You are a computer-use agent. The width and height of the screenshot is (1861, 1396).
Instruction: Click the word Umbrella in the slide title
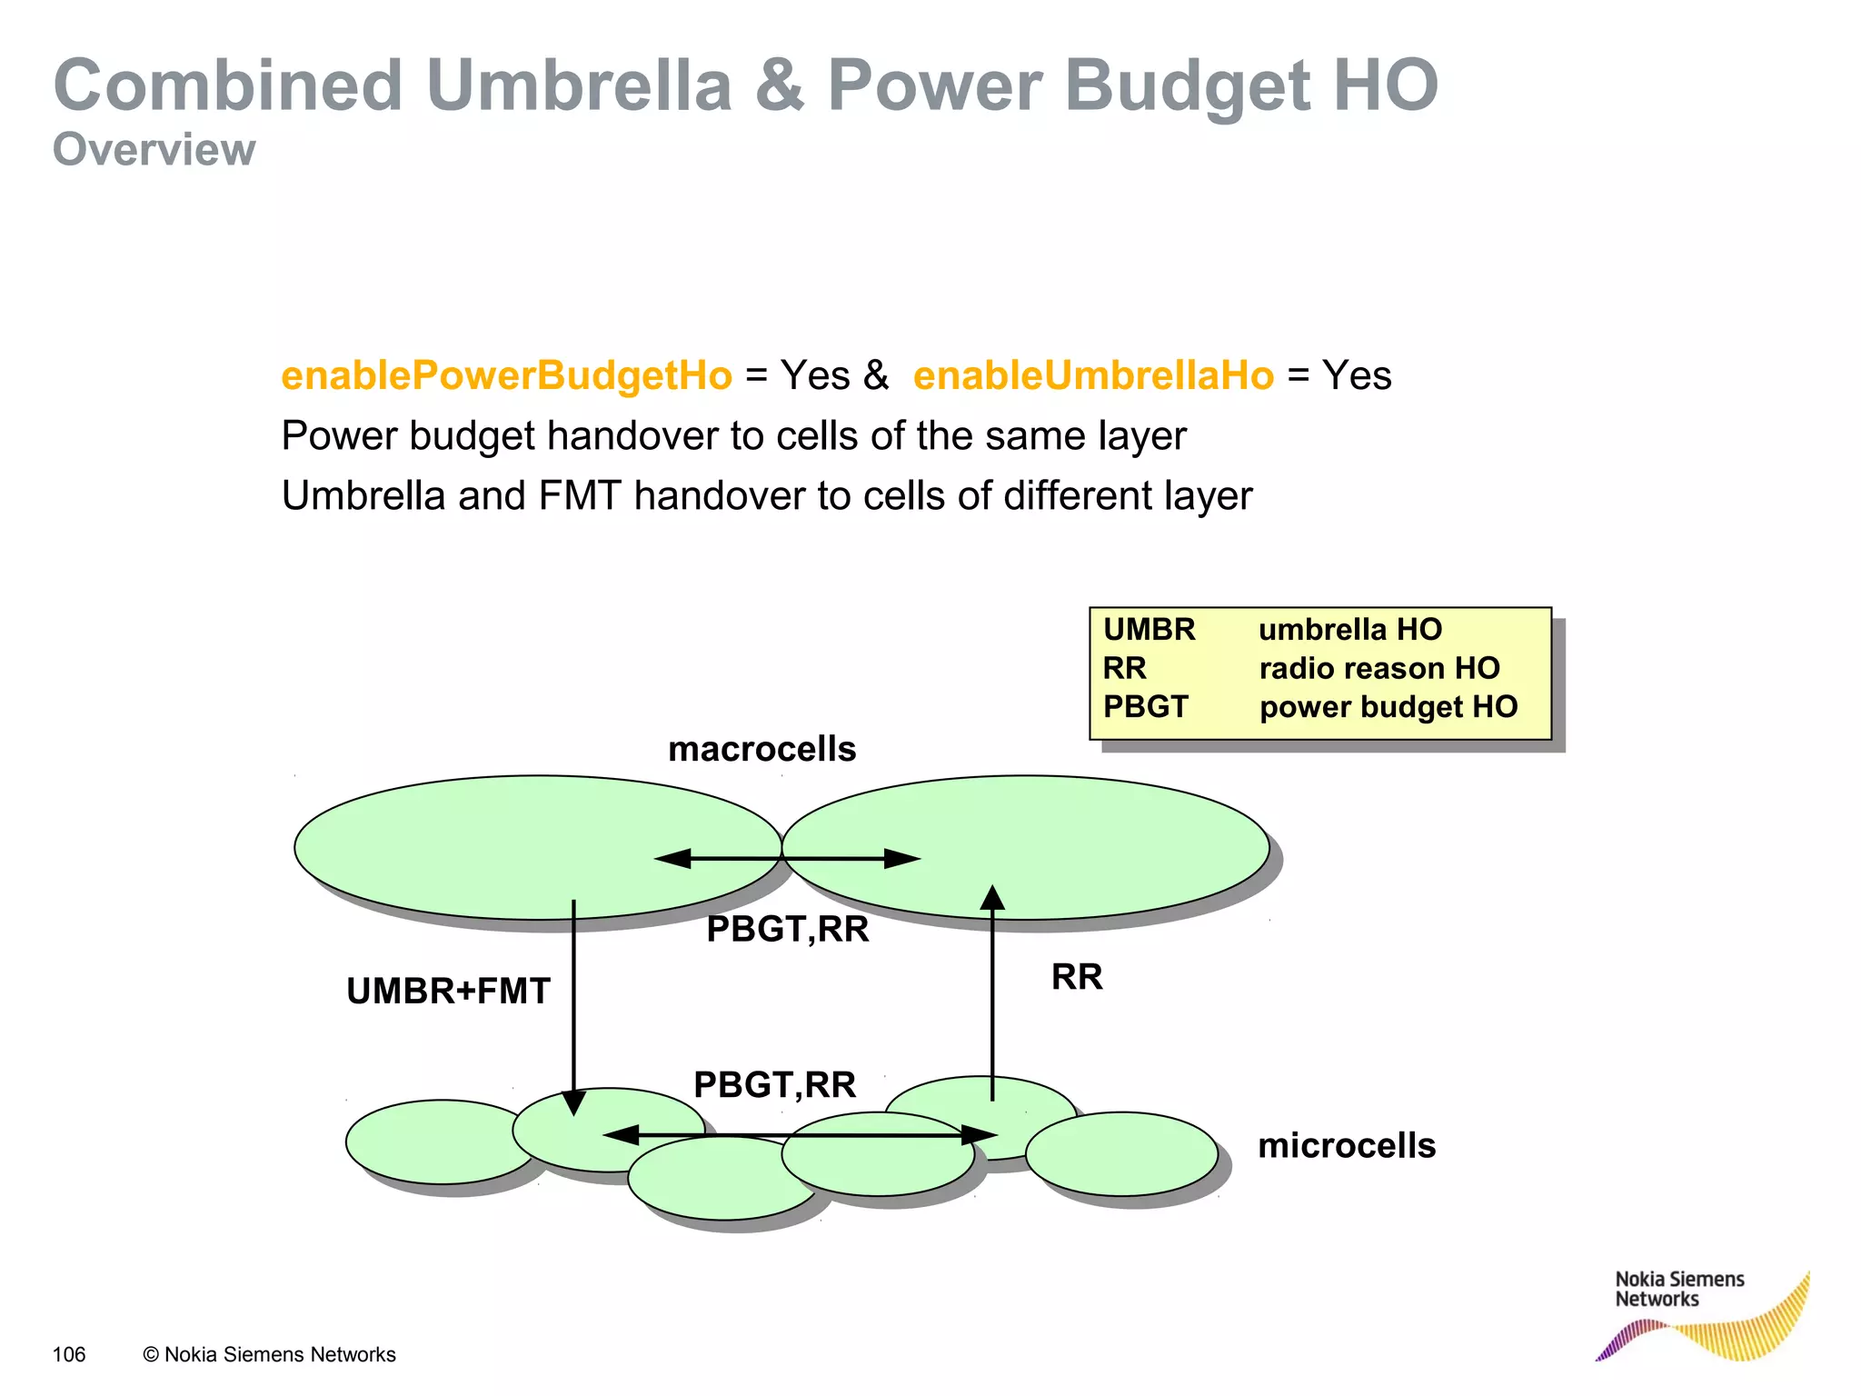point(579,86)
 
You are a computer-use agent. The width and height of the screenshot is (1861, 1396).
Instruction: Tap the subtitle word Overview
point(154,150)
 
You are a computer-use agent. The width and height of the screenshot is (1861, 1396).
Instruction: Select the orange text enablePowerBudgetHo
point(506,376)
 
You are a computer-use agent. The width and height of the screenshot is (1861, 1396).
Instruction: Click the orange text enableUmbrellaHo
point(1093,376)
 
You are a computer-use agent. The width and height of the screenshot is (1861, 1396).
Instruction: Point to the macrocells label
point(761,750)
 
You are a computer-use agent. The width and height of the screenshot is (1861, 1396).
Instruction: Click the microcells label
point(1347,1146)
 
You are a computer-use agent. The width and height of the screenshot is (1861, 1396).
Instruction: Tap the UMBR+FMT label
point(448,992)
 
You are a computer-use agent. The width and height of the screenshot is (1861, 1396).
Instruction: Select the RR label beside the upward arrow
point(1077,977)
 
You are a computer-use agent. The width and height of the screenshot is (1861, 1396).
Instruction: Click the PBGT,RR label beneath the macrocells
point(788,930)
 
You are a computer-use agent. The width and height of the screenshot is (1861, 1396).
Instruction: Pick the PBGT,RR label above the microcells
point(774,1085)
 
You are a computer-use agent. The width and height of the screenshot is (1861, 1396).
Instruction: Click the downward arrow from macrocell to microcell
point(573,1000)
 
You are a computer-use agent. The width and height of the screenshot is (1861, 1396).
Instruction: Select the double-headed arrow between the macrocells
point(787,858)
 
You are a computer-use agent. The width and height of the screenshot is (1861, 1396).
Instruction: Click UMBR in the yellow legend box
point(1149,630)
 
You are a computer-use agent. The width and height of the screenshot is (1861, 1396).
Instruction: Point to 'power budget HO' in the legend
point(1388,707)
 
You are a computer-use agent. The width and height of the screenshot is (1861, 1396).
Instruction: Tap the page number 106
point(69,1355)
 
